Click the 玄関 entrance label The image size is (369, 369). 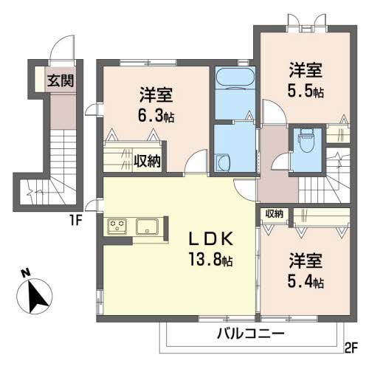click(x=61, y=81)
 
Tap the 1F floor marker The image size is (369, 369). click(x=75, y=219)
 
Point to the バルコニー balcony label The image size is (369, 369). click(x=250, y=334)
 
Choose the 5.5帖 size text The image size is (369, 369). click(x=306, y=92)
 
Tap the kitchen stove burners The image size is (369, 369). click(x=118, y=227)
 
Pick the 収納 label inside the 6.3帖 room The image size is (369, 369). click(x=147, y=160)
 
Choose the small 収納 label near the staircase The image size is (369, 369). click(x=274, y=214)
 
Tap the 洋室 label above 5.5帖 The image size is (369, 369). click(x=306, y=72)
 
